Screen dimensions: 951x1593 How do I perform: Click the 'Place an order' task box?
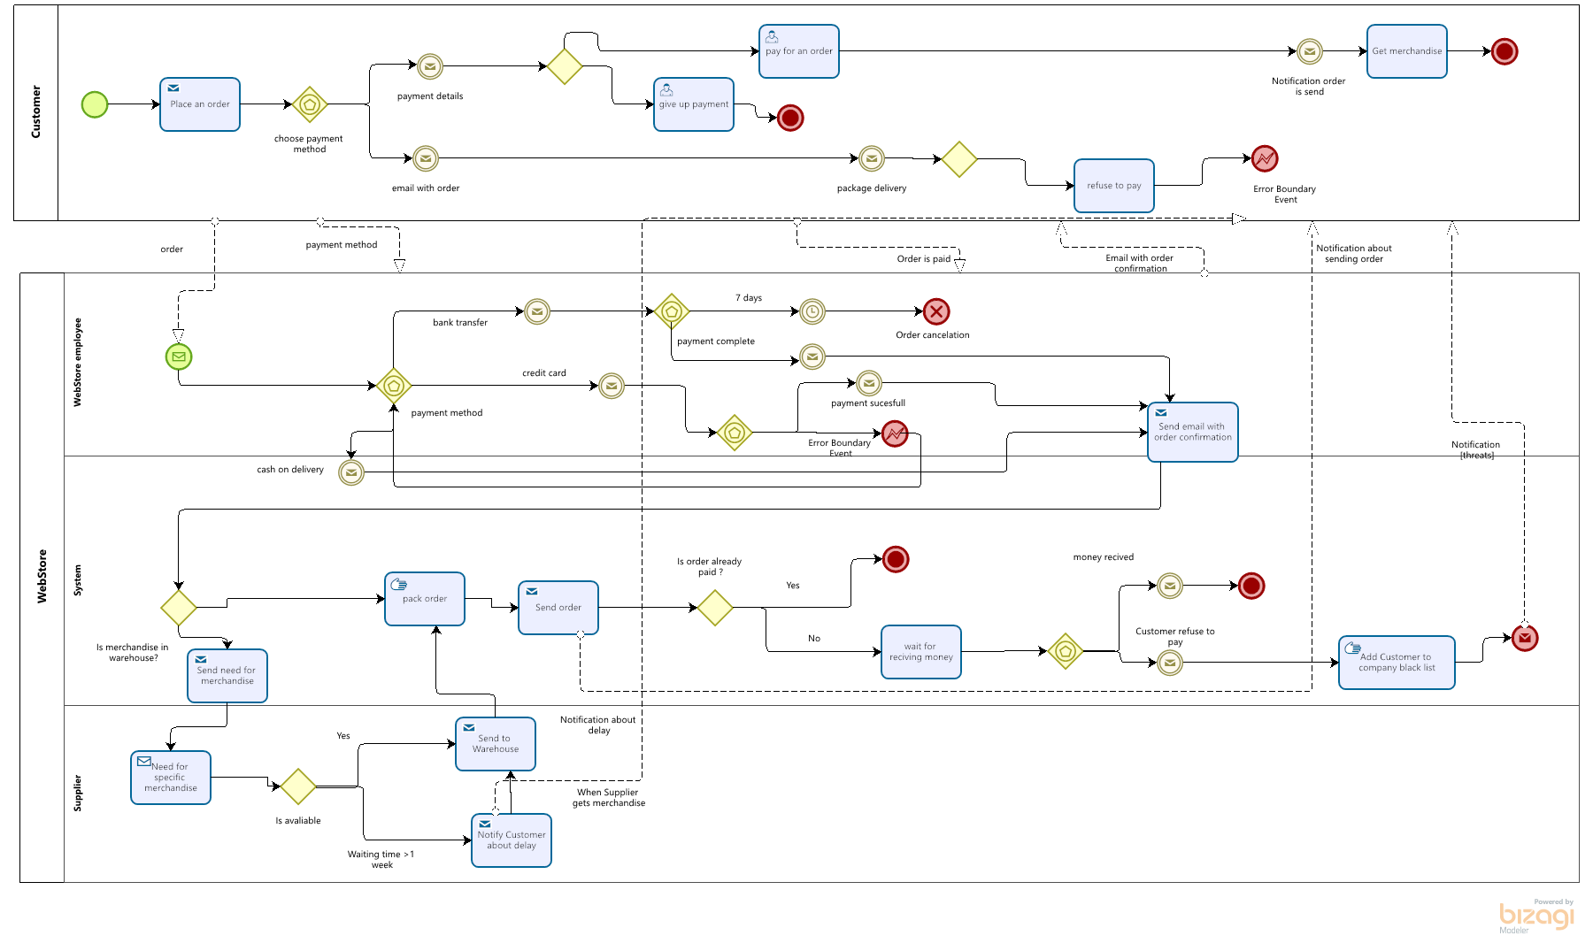(x=200, y=104)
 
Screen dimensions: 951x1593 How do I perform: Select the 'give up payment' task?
(x=694, y=104)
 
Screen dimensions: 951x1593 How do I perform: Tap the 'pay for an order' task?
(x=799, y=51)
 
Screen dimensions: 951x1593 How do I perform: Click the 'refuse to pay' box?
(x=1114, y=186)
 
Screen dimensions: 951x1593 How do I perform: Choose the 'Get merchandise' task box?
(x=1407, y=51)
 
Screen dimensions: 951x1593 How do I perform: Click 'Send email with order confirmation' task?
(x=1193, y=432)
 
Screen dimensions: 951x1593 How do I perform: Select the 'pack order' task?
(x=425, y=599)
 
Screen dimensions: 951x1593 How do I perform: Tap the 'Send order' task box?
(x=558, y=608)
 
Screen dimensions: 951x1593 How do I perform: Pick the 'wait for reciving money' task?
(x=921, y=652)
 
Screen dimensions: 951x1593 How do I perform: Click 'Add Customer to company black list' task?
(x=1397, y=663)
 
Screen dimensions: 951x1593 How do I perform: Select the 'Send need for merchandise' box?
(x=227, y=676)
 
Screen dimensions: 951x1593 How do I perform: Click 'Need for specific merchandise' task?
(x=171, y=778)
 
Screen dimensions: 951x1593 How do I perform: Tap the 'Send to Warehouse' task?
(x=496, y=744)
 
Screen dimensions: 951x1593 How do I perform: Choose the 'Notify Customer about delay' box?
(x=512, y=840)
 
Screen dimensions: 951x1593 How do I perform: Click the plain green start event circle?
(x=95, y=104)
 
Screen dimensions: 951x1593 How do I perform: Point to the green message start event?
(x=179, y=357)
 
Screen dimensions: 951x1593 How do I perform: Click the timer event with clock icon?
(x=812, y=311)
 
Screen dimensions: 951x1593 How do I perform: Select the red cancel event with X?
(x=936, y=311)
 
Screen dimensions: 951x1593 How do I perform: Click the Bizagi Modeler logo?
(x=1536, y=916)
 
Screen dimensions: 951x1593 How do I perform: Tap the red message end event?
(x=1525, y=638)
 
